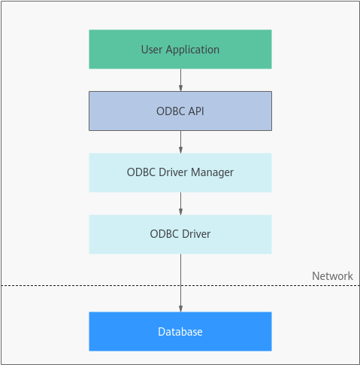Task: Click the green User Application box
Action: pyautogui.click(x=180, y=49)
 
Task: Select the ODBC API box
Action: pyautogui.click(x=180, y=111)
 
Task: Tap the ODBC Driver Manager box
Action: pyautogui.click(x=180, y=172)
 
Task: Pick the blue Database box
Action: pyautogui.click(x=180, y=331)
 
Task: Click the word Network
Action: pyautogui.click(x=332, y=276)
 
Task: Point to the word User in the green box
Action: pyautogui.click(x=152, y=50)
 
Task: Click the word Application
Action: pyautogui.click(x=192, y=50)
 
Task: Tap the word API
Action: pyautogui.click(x=196, y=111)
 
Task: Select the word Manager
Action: pyautogui.click(x=212, y=173)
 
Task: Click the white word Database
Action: pyautogui.click(x=180, y=332)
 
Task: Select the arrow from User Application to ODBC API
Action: pyautogui.click(x=180, y=80)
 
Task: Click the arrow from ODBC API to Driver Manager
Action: pyautogui.click(x=180, y=141)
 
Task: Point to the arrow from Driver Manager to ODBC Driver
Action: pyautogui.click(x=180, y=203)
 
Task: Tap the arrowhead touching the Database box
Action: pyautogui.click(x=180, y=309)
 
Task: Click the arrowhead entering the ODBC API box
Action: pyautogui.click(x=180, y=88)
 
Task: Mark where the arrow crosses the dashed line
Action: pyautogui.click(x=180, y=285)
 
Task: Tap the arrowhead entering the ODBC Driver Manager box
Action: pyautogui.click(x=180, y=150)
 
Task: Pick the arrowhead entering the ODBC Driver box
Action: pyautogui.click(x=180, y=211)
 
